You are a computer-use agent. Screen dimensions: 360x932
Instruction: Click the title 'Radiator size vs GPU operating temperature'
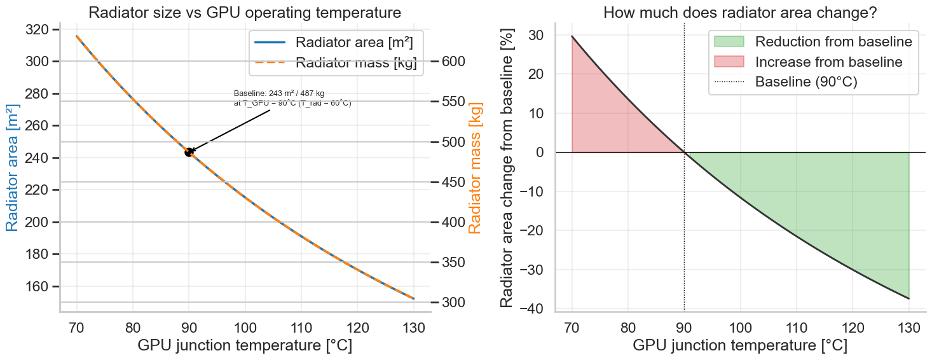(245, 13)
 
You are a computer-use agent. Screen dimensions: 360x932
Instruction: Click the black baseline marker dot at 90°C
(189, 152)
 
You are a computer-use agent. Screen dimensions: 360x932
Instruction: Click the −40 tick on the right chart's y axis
(533, 308)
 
